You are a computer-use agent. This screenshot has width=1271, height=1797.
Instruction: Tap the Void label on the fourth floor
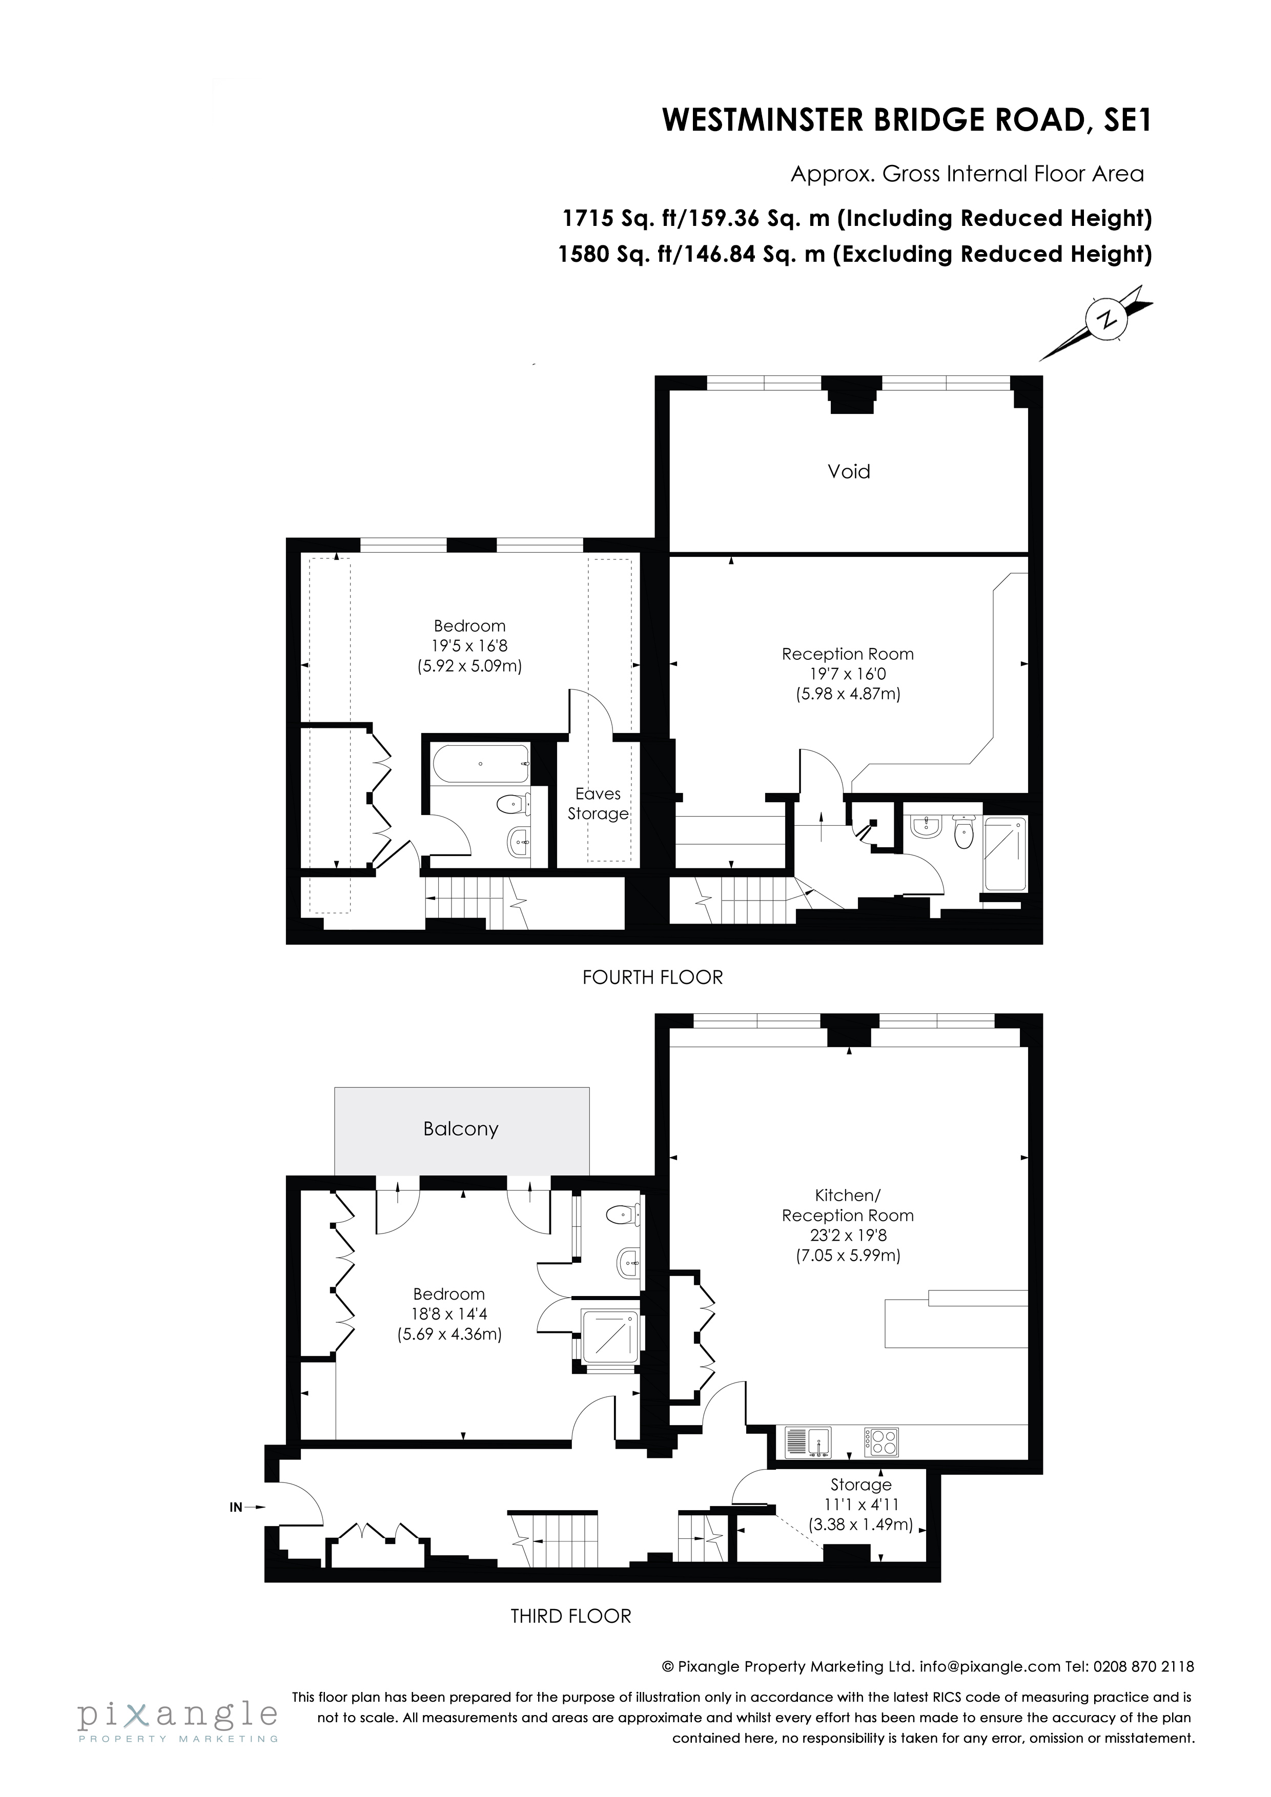pos(849,471)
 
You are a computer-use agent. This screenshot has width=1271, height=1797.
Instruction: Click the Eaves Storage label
pos(598,803)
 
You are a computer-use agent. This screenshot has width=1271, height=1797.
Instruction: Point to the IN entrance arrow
pos(248,1507)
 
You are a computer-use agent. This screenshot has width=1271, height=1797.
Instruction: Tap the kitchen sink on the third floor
pos(808,1443)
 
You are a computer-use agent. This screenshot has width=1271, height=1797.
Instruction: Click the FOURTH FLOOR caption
pos(652,977)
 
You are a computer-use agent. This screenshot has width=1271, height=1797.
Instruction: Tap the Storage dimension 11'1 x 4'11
pos(860,1505)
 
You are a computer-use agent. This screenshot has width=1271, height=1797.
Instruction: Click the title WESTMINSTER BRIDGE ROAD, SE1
pos(907,120)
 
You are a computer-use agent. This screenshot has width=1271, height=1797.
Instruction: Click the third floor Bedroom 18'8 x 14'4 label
pos(449,1313)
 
